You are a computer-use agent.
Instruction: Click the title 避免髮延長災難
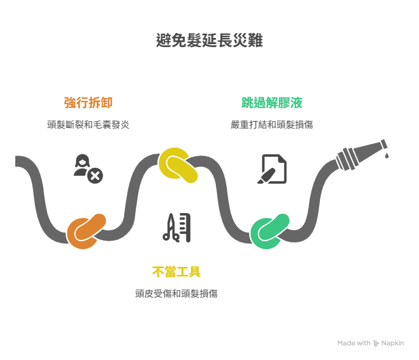click(209, 41)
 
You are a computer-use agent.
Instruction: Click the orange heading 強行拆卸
click(88, 102)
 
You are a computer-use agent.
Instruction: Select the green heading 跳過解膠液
click(272, 102)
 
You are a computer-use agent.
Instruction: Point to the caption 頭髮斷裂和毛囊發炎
click(88, 124)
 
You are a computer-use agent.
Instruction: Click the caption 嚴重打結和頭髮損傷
click(272, 124)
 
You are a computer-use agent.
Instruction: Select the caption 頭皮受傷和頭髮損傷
click(176, 293)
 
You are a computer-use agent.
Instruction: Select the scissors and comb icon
click(176, 227)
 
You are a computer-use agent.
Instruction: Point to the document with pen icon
click(272, 169)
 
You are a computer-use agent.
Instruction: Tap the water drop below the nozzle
click(387, 157)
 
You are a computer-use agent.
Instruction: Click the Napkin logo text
click(393, 343)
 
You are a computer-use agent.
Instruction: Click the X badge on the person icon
click(95, 176)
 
